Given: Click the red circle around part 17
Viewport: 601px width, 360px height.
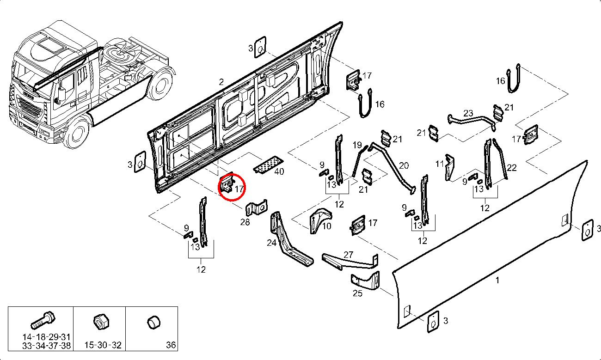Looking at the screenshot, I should (x=232, y=185).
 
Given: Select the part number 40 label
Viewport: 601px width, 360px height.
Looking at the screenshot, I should (x=279, y=172).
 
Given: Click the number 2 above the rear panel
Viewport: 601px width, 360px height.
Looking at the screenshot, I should (x=221, y=82).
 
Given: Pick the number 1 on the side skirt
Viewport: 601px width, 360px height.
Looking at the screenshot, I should (x=497, y=280).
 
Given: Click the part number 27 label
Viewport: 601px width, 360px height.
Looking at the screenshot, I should (x=348, y=254).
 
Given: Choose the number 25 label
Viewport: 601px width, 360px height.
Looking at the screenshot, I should (x=357, y=293).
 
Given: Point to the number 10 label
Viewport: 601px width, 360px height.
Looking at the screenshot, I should (x=326, y=226).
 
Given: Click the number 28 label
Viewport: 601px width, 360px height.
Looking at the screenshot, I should (x=245, y=223).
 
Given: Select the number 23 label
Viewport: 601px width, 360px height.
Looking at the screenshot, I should (x=468, y=113).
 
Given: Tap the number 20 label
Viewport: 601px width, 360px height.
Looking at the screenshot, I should (x=404, y=165).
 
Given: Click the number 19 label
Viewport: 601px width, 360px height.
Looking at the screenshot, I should (x=357, y=145).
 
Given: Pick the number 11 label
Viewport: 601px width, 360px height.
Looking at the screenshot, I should (x=439, y=163).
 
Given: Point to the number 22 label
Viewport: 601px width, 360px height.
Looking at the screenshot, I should (x=512, y=168).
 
